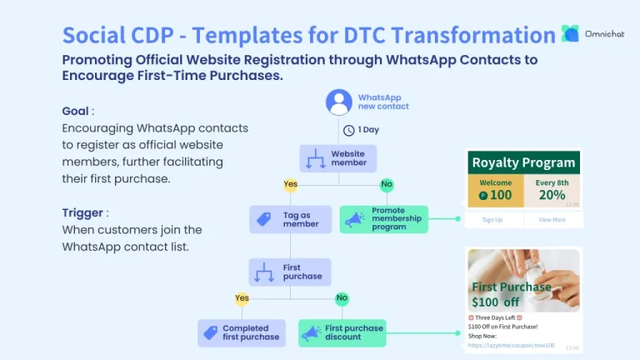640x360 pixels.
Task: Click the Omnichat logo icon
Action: (x=570, y=33)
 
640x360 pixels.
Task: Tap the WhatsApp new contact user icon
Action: (x=338, y=102)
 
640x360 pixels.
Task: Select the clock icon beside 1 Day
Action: (x=348, y=129)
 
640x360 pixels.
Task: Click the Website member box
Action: (x=338, y=158)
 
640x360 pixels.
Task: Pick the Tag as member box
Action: (x=289, y=219)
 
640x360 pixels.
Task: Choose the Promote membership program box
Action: (x=383, y=219)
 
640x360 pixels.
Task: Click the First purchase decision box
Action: (x=290, y=272)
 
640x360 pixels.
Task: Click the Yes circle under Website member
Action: (x=290, y=184)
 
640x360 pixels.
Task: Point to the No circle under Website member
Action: (x=387, y=184)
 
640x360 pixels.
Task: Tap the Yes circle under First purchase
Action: (x=242, y=298)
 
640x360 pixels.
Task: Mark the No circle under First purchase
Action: (x=342, y=298)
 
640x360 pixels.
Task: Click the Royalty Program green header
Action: (x=523, y=162)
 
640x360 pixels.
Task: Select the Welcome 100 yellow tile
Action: (x=496, y=191)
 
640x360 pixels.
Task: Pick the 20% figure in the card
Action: (x=552, y=195)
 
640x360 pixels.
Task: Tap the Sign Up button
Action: (x=492, y=220)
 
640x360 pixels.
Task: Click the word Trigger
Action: (x=82, y=212)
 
